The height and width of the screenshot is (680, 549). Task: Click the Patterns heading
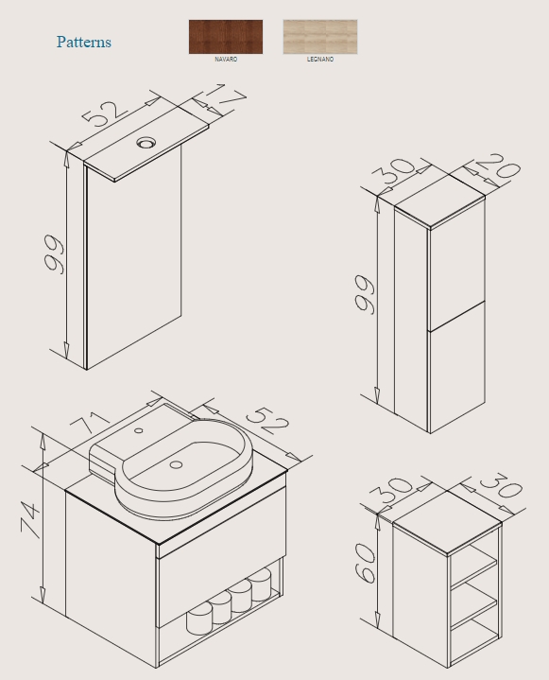click(x=84, y=42)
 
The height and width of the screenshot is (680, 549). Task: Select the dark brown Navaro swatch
click(x=226, y=37)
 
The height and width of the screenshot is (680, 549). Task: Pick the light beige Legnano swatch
click(x=320, y=37)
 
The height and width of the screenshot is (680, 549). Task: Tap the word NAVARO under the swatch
click(x=226, y=60)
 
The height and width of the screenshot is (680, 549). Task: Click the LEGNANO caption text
click(x=320, y=60)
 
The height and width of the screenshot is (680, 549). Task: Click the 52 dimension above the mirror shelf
click(x=105, y=113)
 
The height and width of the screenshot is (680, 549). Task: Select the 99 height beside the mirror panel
click(x=54, y=254)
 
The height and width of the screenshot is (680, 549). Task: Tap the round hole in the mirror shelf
click(x=146, y=142)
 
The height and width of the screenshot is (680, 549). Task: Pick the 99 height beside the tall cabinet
click(x=365, y=294)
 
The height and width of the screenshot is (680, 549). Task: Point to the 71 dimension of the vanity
click(x=92, y=421)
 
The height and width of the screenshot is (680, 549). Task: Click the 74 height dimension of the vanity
click(x=31, y=519)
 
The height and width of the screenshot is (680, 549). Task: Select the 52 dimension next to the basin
click(x=267, y=420)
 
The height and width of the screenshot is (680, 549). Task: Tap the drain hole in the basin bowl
click(x=176, y=464)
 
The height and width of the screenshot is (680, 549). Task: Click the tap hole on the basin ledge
click(x=139, y=430)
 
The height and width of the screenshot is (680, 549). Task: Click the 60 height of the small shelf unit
click(x=365, y=563)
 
